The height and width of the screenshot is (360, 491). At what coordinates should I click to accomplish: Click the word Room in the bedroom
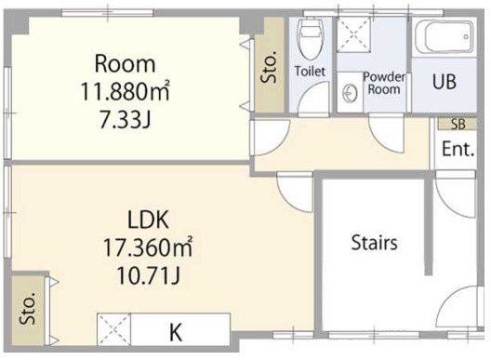pyautogui.click(x=126, y=64)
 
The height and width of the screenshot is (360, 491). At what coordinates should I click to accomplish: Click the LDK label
pyautogui.click(x=149, y=220)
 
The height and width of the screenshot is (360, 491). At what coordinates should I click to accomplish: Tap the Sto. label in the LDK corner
pyautogui.click(x=28, y=303)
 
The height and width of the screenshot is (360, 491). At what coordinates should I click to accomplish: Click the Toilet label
pyautogui.click(x=310, y=71)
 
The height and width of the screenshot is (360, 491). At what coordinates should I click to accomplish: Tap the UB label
pyautogui.click(x=444, y=80)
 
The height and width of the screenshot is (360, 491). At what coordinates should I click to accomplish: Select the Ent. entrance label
pyautogui.click(x=458, y=149)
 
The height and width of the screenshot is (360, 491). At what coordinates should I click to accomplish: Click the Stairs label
pyautogui.click(x=375, y=244)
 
